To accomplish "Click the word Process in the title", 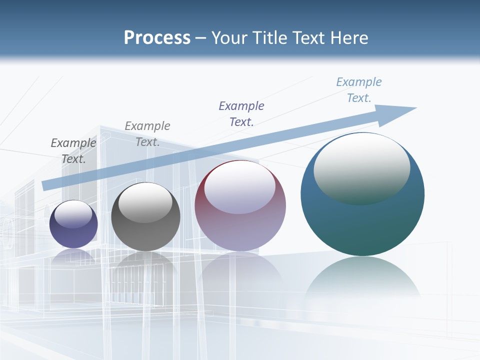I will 157,38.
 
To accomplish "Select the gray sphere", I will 145,230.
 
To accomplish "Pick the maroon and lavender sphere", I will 240,230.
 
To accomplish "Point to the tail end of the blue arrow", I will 45,185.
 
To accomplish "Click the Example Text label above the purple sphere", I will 73,150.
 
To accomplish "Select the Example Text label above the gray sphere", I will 147,133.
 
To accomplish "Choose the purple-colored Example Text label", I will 241,113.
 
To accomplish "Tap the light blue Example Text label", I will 359,89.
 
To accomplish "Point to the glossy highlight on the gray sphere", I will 145,203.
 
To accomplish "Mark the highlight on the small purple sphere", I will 73,214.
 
